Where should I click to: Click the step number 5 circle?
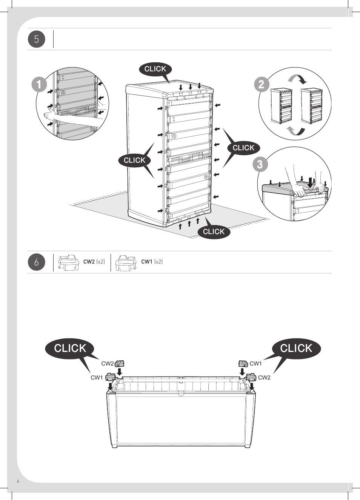[x=37, y=39]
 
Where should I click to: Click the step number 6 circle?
[x=37, y=262]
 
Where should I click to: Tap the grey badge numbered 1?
[x=39, y=84]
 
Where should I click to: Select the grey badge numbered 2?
[x=262, y=84]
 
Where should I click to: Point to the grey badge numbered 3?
[x=260, y=164]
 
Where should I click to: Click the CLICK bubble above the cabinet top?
[x=155, y=69]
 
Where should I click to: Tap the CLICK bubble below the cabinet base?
[x=214, y=231]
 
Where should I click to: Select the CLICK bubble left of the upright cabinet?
[x=134, y=160]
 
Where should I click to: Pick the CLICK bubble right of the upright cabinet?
[x=243, y=148]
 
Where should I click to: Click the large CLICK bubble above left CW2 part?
[x=70, y=348]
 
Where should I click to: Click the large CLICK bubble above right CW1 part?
[x=296, y=348]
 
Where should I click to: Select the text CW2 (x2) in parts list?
[x=94, y=262]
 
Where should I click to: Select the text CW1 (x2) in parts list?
[x=152, y=262]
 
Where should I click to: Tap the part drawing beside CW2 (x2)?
[x=68, y=262]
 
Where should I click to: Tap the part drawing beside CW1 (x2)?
[x=126, y=262]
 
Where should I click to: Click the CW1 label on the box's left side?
[x=97, y=377]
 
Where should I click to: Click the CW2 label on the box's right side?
[x=264, y=377]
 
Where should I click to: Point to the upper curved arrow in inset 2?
[x=297, y=79]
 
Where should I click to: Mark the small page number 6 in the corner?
[x=18, y=481]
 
